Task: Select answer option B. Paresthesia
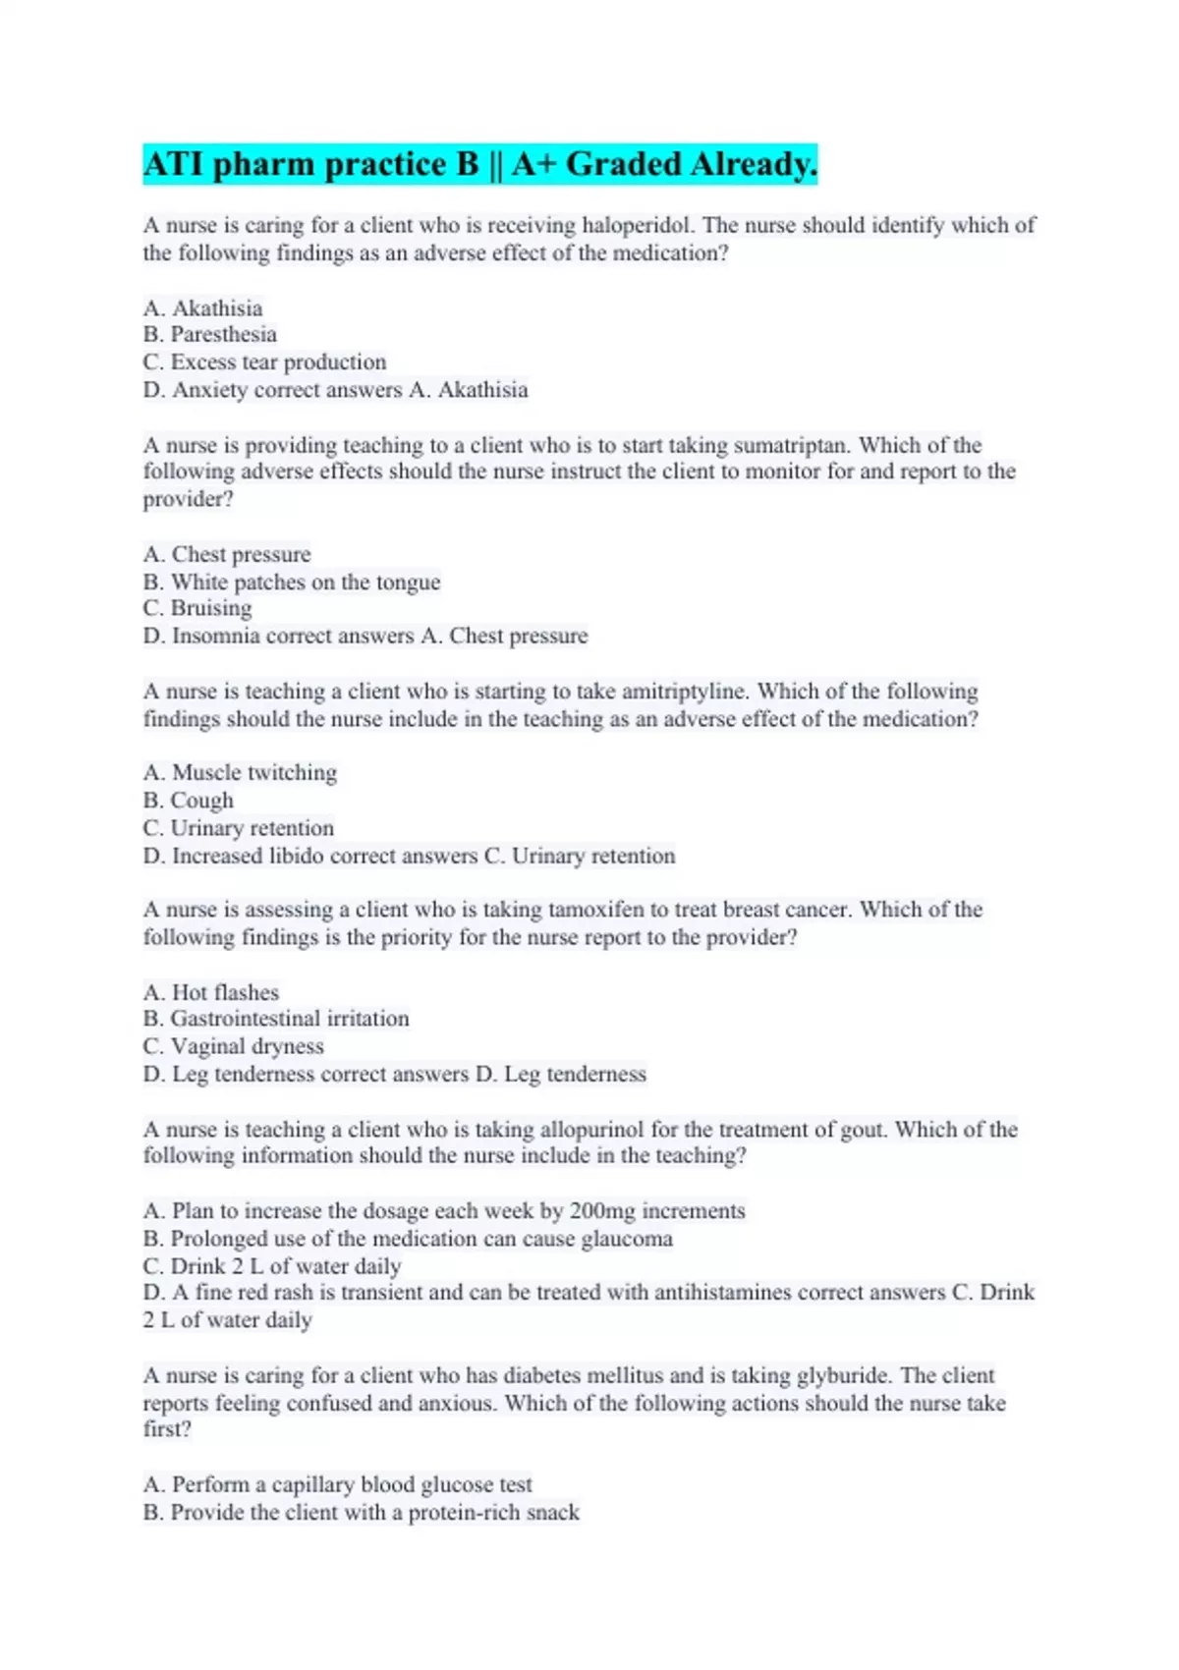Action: click(x=210, y=335)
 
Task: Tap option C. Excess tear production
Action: click(x=264, y=362)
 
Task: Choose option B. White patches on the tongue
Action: click(x=292, y=583)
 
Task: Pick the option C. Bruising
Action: click(x=197, y=609)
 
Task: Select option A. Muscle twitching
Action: click(x=240, y=773)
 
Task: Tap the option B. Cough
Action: click(x=189, y=801)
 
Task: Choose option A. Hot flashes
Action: click(x=211, y=992)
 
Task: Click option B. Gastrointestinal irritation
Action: click(x=276, y=1019)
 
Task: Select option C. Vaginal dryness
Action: click(x=234, y=1046)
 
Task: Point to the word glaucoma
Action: click(x=627, y=1239)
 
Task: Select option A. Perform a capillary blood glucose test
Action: click(x=338, y=1484)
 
